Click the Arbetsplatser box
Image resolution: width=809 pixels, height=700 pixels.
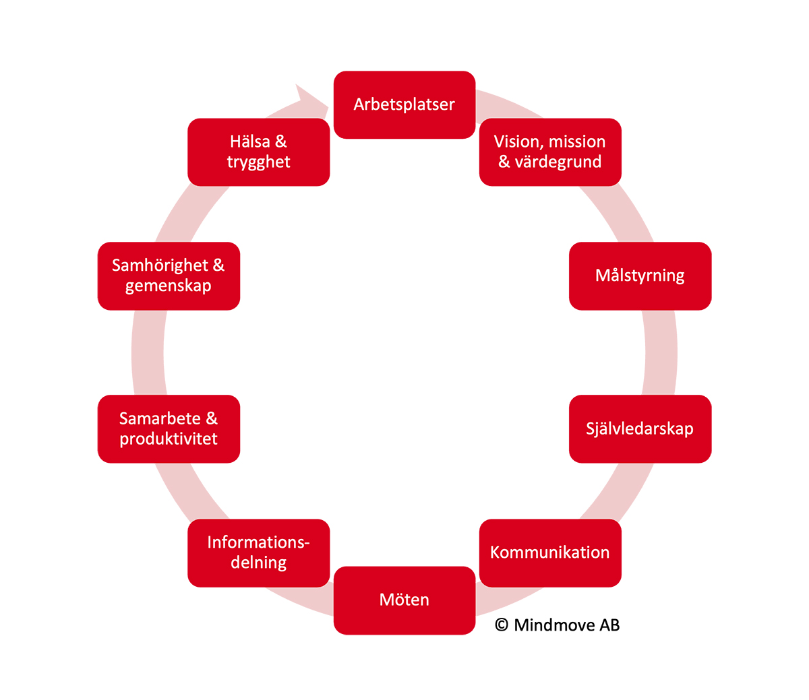(404, 104)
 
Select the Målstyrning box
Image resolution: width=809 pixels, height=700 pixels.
(640, 276)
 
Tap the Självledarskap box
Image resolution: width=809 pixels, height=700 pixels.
(640, 428)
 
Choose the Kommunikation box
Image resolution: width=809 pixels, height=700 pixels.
(549, 552)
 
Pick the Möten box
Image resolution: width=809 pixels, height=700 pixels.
(404, 600)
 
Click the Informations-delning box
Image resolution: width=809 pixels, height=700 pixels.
(258, 552)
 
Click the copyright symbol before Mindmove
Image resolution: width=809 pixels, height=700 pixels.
(502, 625)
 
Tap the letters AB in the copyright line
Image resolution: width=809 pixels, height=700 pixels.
(609, 625)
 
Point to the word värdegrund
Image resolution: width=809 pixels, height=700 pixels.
(558, 162)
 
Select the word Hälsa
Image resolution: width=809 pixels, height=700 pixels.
(249, 141)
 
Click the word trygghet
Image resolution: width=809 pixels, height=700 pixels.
(258, 162)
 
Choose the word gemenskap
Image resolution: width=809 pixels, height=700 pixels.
(169, 286)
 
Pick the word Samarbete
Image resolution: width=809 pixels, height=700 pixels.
(160, 418)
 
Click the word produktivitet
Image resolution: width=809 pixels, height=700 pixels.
(169, 439)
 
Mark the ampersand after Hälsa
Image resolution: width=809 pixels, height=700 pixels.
(281, 141)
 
